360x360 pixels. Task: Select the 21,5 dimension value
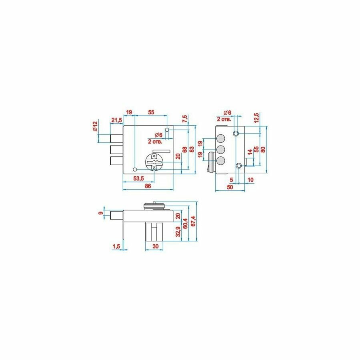116,120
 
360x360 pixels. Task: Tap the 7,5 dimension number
184,119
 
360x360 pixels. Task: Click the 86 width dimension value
148,186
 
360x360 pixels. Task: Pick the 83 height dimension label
192,149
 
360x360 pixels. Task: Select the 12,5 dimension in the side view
256,119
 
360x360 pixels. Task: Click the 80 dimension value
263,149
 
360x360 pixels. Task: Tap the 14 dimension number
250,152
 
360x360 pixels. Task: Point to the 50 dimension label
230,187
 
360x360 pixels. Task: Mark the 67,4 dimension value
194,221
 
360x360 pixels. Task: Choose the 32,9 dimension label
178,231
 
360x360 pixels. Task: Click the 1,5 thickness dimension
116,246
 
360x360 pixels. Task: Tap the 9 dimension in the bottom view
101,213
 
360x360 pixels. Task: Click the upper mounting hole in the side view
236,133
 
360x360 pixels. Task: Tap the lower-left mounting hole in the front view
135,169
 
